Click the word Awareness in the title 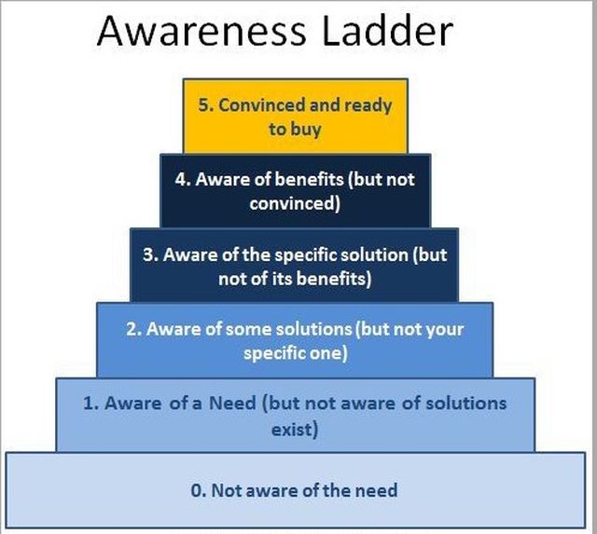201,31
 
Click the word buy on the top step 307,130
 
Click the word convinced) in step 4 295,203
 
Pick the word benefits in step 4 309,179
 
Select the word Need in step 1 232,403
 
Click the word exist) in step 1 295,430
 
